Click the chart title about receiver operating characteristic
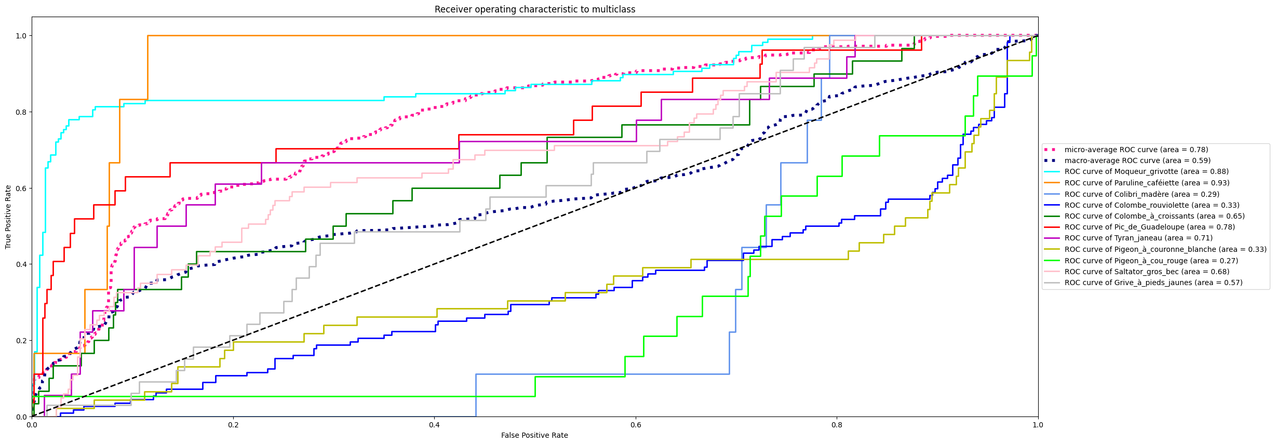pos(534,9)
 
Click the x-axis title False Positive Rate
pos(534,435)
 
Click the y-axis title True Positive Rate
pos(8,217)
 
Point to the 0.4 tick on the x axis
pos(434,425)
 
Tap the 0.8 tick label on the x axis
pos(837,425)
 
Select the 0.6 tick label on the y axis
pos(21,188)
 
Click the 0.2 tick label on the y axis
pos(21,341)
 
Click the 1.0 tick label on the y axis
pos(21,36)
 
